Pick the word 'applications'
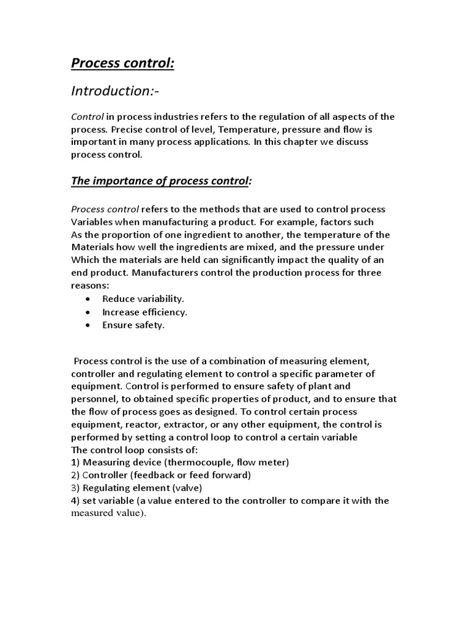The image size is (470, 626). (219, 141)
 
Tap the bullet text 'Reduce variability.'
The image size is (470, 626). (143, 299)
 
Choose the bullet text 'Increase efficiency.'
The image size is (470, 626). (144, 312)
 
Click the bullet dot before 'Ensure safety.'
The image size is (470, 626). (89, 325)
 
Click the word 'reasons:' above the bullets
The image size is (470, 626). (90, 286)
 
